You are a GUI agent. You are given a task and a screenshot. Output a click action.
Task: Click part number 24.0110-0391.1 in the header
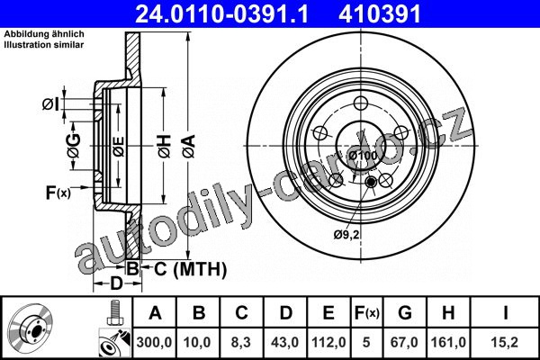tap(221, 13)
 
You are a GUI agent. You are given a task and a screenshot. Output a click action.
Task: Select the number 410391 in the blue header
tap(380, 13)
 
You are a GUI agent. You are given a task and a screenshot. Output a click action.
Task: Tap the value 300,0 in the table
tap(154, 342)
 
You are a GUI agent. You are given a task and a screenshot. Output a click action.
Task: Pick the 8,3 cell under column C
tap(241, 342)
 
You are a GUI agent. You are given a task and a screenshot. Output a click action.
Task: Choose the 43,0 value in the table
tap(285, 342)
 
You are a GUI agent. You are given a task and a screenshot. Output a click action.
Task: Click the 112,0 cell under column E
tap(328, 342)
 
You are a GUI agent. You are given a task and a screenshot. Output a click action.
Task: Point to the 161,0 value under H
tap(448, 342)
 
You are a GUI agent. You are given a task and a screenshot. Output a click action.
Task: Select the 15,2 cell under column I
tap(505, 342)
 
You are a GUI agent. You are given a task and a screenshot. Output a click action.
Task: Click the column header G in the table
tap(405, 313)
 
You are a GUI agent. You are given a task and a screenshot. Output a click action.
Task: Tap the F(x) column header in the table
tap(367, 313)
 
